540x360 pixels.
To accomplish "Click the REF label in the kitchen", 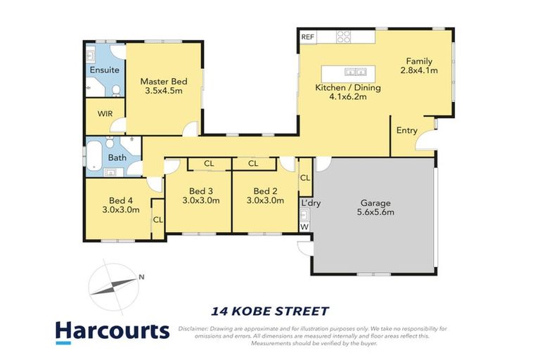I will [307, 37].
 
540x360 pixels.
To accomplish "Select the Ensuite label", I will [104, 70].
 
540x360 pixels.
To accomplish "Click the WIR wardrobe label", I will [105, 114].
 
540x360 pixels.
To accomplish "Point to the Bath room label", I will [117, 157].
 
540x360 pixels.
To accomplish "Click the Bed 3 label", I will [200, 191].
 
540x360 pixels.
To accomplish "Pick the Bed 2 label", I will [265, 191].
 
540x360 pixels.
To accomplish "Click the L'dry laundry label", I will [310, 203].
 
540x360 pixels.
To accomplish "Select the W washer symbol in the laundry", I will [304, 226].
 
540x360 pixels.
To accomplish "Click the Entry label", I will [406, 131].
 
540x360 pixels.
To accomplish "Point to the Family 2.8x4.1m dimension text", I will [419, 70].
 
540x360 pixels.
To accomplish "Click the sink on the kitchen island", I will [354, 71].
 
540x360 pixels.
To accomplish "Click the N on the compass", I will [141, 276].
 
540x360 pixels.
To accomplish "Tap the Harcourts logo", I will [112, 331].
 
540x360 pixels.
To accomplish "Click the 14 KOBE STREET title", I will [270, 311].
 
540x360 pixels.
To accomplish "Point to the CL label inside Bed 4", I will [157, 220].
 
